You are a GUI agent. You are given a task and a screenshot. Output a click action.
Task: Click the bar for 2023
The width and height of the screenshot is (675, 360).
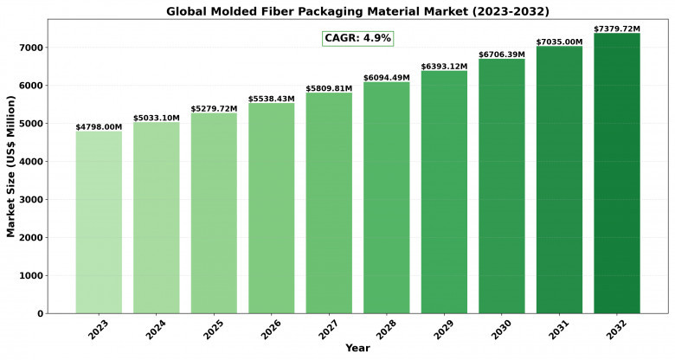coord(99,222)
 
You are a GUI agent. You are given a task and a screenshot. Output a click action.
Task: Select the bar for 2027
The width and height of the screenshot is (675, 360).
coord(329,202)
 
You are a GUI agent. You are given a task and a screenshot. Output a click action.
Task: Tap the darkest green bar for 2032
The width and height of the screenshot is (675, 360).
coord(617,173)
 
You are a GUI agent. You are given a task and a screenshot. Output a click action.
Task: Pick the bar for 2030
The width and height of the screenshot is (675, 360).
coord(502,186)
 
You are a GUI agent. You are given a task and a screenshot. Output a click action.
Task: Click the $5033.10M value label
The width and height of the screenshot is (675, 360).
coord(157,118)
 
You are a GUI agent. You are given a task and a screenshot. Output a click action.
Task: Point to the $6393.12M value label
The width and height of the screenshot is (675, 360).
coord(444,67)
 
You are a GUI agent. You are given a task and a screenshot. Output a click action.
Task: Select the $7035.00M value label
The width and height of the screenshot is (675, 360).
coord(559,42)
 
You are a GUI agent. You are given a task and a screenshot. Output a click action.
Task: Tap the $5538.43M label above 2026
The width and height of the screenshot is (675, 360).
coord(271,99)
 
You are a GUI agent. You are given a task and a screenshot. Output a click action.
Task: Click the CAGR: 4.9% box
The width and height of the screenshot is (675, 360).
coord(357,38)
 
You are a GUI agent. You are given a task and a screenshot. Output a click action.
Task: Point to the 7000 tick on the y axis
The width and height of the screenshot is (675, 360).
coord(31,48)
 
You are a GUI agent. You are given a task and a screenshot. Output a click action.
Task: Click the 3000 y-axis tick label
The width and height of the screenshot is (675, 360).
coord(31,199)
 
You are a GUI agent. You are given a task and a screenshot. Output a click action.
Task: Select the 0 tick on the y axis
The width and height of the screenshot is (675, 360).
coord(41,314)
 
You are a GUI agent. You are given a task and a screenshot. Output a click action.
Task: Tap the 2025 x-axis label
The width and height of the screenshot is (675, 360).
coord(213,330)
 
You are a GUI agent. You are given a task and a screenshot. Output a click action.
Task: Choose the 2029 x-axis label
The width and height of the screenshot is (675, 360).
coord(443,330)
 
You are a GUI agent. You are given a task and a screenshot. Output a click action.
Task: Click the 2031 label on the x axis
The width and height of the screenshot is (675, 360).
coord(558,330)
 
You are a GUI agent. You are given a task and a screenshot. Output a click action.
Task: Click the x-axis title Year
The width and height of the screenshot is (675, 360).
coord(357,348)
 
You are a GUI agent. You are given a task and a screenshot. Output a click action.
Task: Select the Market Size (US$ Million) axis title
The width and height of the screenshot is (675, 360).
coord(10,166)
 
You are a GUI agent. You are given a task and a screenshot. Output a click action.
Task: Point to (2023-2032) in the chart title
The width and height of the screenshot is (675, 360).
coord(511,11)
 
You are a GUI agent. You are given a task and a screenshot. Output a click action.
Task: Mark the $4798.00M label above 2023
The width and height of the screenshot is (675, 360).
coord(99,127)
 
